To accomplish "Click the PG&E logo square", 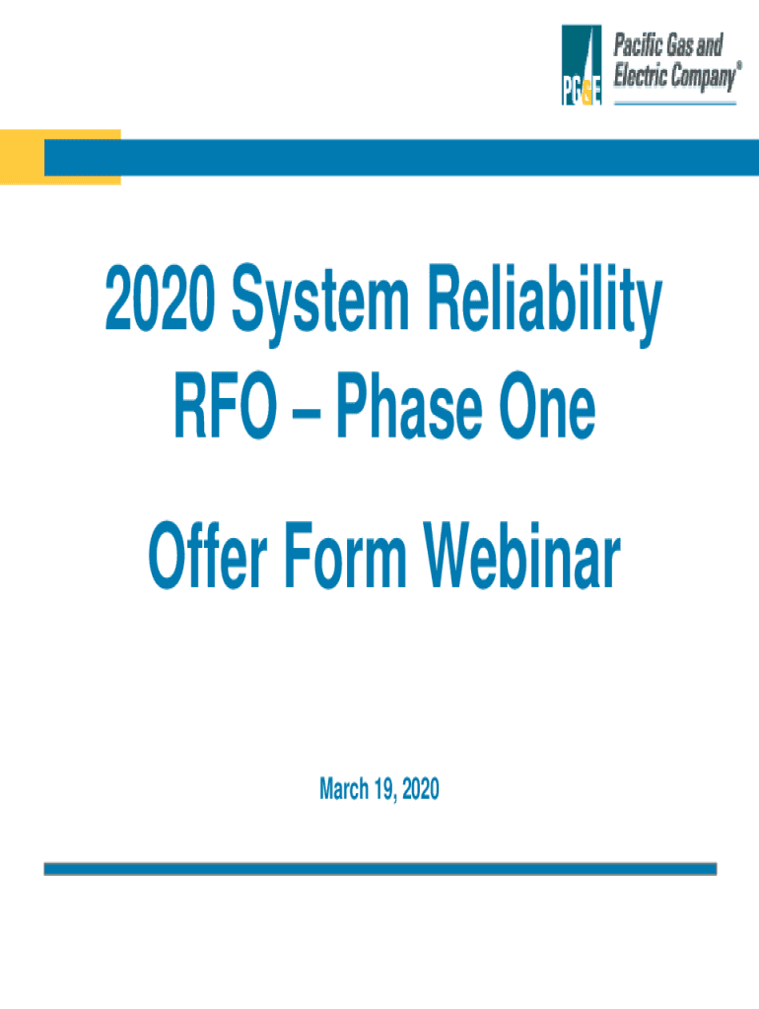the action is (582, 65).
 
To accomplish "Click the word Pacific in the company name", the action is (638, 45).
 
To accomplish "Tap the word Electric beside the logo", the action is (641, 75).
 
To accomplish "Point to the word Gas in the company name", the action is (679, 45).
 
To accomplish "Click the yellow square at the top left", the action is (60, 157).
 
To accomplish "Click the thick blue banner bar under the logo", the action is (402, 158).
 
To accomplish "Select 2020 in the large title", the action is (161, 298).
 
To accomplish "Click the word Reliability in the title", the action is (545, 303).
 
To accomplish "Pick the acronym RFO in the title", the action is (226, 406).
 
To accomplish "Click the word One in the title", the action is (547, 406).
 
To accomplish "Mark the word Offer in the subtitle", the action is (208, 555).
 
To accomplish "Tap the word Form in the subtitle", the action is (345, 556).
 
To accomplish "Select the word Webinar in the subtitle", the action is (521, 555).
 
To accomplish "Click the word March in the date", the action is (344, 789).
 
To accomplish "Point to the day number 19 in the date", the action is (383, 789).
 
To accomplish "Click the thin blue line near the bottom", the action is (379, 869).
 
